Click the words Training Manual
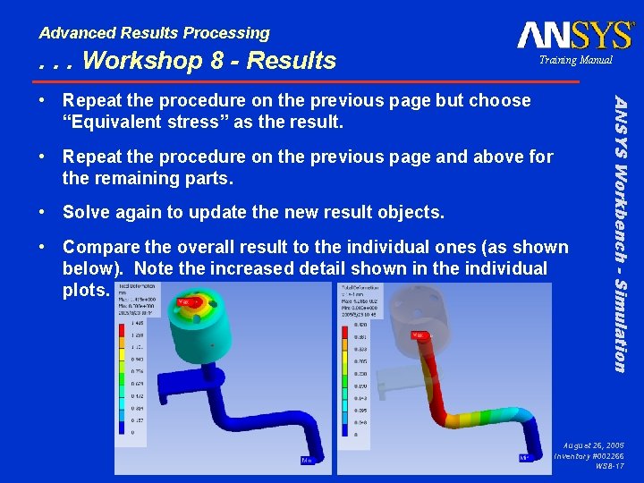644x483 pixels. (x=575, y=60)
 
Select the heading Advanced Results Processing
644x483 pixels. (x=154, y=33)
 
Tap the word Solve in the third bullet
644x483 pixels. (x=88, y=213)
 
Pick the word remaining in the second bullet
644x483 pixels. (x=133, y=178)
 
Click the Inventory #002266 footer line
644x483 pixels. (x=589, y=456)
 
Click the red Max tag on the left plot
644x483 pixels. (x=182, y=302)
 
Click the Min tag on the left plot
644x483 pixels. (x=307, y=461)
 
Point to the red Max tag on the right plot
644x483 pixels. (x=418, y=335)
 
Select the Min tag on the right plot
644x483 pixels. (x=526, y=458)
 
